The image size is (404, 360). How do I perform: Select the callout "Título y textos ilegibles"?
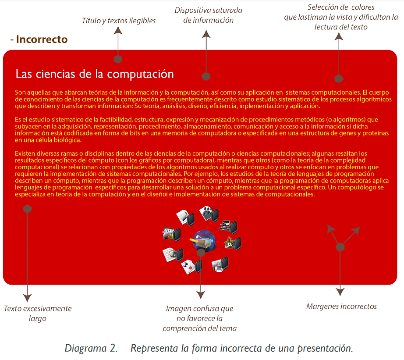point(118,21)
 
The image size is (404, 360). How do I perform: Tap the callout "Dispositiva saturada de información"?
point(208,15)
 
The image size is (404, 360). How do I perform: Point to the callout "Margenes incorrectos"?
point(341,307)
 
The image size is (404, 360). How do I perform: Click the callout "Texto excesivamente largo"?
point(38,314)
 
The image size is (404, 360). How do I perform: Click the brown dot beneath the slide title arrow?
point(117,59)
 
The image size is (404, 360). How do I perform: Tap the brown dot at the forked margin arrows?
point(340,247)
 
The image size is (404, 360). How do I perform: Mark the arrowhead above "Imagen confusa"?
point(201,295)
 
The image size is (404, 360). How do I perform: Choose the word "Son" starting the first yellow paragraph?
point(20,93)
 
